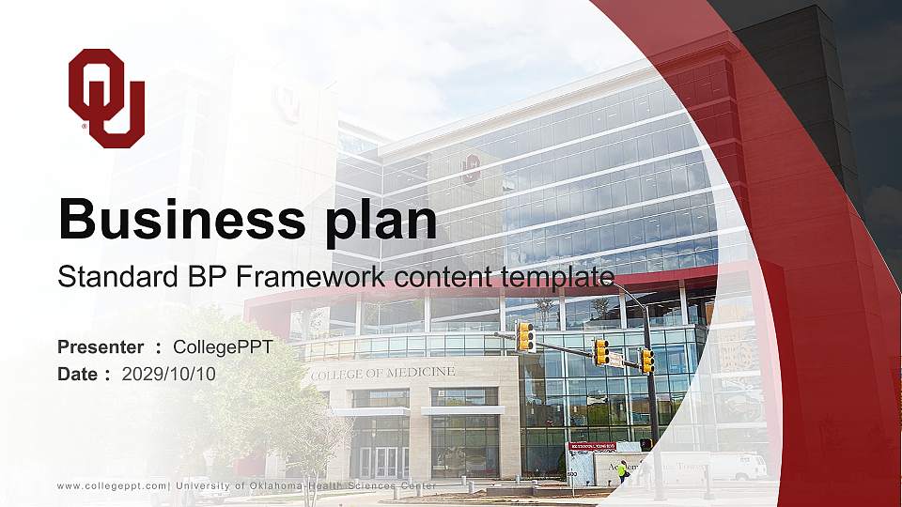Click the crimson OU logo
click(106, 98)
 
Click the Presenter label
click(101, 347)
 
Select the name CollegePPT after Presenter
click(224, 347)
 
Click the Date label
click(78, 374)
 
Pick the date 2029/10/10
click(169, 374)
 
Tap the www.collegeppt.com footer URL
click(112, 485)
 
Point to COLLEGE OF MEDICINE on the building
click(382, 373)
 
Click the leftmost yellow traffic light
click(525, 336)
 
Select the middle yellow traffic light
click(600, 352)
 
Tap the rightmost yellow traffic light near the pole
click(646, 361)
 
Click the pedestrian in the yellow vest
click(622, 469)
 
